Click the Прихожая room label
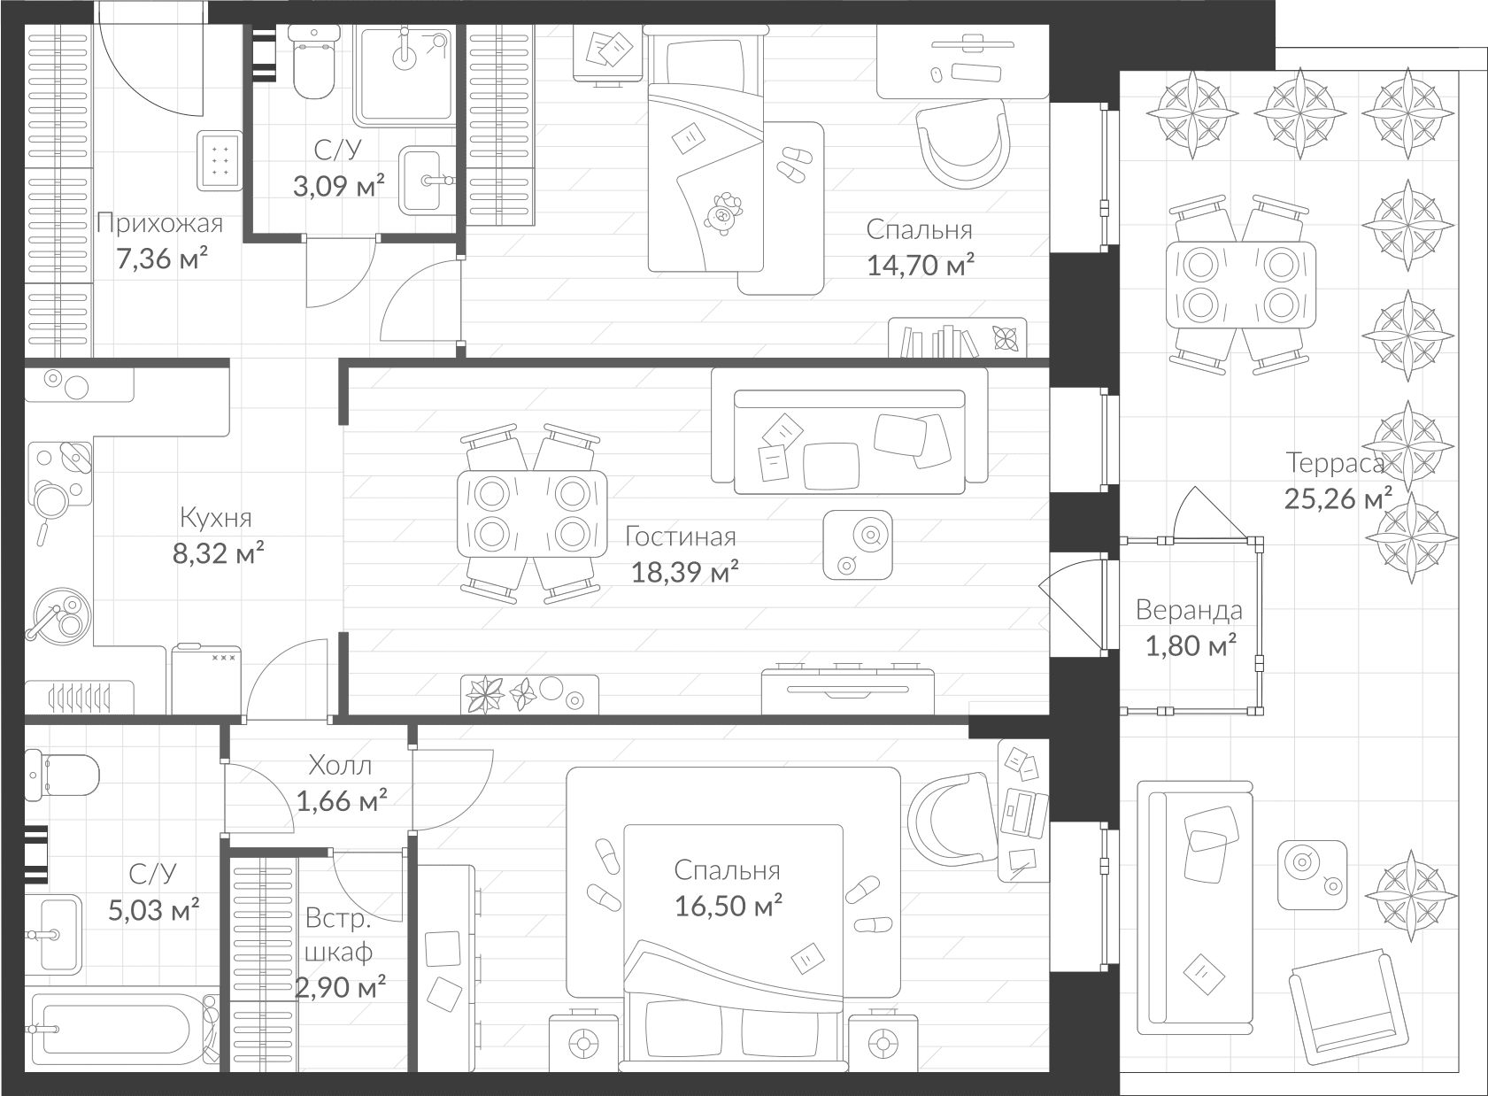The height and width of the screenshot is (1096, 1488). click(159, 223)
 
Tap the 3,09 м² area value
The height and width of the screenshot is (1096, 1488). click(339, 186)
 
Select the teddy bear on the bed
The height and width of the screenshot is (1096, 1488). click(723, 213)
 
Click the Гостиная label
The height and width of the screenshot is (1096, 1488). click(680, 536)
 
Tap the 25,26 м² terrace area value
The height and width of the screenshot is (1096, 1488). click(1338, 499)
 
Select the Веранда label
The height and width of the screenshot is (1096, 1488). click(1189, 610)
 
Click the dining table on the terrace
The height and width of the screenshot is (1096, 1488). click(1239, 284)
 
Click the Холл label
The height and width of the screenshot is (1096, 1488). click(340, 765)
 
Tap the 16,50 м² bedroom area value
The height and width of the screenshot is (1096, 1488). click(728, 907)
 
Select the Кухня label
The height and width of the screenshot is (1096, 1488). click(215, 517)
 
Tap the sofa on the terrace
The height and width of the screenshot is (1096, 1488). click(1195, 907)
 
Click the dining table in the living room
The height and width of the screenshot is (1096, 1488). click(532, 513)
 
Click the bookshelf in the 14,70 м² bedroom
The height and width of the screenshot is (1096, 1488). click(957, 338)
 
